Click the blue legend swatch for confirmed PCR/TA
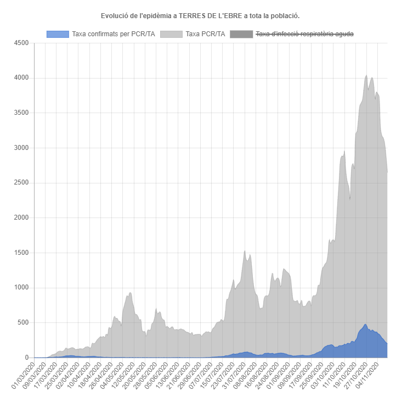(58, 35)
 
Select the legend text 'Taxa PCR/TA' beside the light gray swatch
(205, 35)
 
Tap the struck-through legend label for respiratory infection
(304, 35)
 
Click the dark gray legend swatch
(241, 35)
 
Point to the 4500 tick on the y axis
(21, 43)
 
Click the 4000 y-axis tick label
(21, 78)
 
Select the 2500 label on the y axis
(21, 183)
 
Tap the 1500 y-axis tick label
(21, 253)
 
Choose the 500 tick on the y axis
(23, 323)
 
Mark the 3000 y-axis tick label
(21, 148)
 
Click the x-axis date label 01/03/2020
(23, 373)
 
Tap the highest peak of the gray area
(366, 75)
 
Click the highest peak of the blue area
(365, 324)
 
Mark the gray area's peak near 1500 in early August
(245, 251)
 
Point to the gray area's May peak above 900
(130, 293)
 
